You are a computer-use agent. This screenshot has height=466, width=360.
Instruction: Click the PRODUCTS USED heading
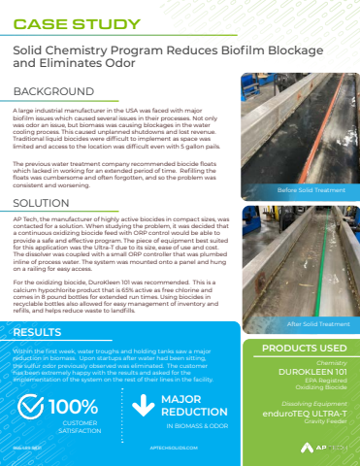pyautogui.click(x=300, y=347)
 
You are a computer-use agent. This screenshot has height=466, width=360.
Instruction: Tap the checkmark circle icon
pyautogui.click(x=30, y=407)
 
